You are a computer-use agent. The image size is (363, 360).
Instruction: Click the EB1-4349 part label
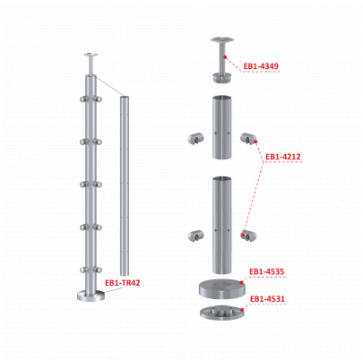click(261, 66)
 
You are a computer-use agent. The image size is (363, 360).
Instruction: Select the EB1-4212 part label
click(283, 157)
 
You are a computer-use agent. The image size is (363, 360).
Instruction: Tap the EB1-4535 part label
click(266, 271)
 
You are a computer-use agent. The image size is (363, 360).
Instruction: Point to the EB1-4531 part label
click(267, 299)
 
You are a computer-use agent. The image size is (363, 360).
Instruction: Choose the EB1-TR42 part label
click(123, 283)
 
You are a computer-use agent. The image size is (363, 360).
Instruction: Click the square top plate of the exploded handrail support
click(221, 39)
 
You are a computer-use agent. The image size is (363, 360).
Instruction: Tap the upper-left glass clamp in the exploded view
click(196, 139)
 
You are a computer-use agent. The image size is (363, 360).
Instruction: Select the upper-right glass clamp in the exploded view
click(248, 138)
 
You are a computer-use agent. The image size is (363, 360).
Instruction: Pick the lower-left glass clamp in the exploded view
click(196, 236)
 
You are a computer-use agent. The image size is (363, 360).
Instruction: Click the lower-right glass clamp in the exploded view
click(248, 236)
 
